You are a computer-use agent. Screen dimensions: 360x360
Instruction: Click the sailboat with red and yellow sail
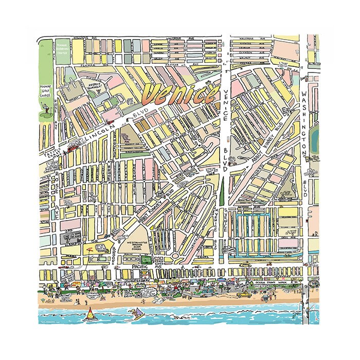(90, 313)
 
